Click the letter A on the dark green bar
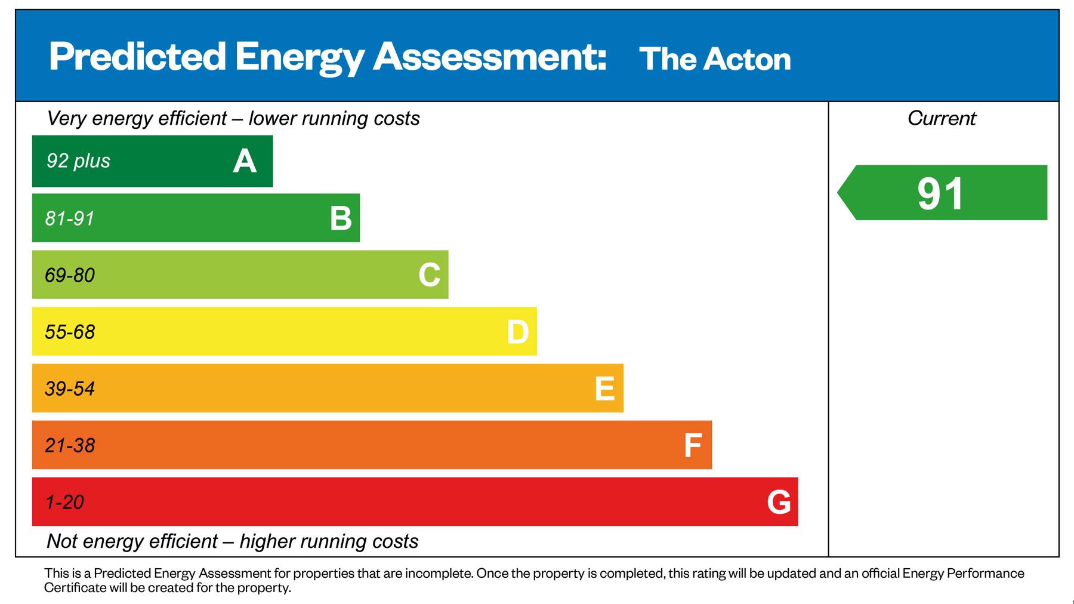click(245, 161)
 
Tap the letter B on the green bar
click(341, 218)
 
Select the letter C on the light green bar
click(429, 275)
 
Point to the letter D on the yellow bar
click(517, 332)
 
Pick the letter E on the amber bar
click(604, 389)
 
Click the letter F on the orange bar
click(692, 445)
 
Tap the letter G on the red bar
click(779, 502)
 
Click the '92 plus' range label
click(78, 161)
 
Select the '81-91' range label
click(70, 218)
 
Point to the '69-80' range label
click(70, 275)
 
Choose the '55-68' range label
click(70, 332)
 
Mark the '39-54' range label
click(70, 389)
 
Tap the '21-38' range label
click(70, 445)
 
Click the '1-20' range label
click(64, 502)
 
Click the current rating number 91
click(940, 193)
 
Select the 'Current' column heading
click(942, 118)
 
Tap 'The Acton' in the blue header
click(715, 59)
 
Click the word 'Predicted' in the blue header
click(137, 57)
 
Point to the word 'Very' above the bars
click(67, 118)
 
